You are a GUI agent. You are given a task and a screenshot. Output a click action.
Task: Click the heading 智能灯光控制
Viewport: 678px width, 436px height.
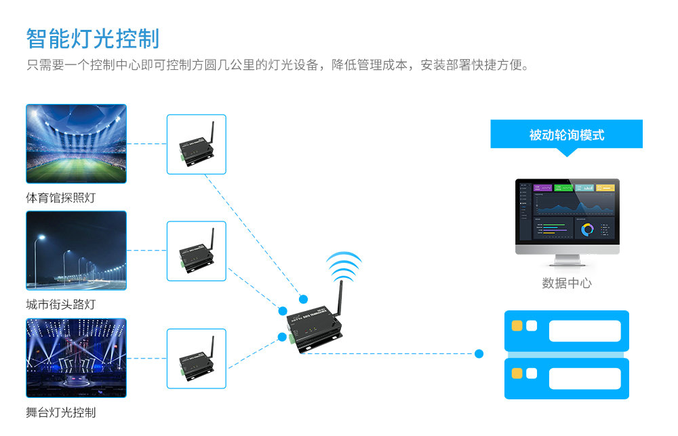(93, 39)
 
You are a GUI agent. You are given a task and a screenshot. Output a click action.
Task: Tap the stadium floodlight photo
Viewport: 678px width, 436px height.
(76, 143)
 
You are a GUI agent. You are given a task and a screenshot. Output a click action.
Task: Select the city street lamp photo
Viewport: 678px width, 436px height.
(76, 250)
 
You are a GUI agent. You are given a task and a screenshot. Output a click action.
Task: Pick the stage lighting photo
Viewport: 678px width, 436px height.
(76, 357)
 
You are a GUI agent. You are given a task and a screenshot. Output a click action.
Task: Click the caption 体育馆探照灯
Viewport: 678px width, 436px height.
(60, 198)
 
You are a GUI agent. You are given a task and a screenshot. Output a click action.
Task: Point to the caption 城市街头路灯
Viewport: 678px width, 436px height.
(60, 305)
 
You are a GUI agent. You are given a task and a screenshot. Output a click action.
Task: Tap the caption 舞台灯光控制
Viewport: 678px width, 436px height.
(60, 412)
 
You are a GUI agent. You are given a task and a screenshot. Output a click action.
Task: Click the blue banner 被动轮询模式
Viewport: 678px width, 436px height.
(566, 134)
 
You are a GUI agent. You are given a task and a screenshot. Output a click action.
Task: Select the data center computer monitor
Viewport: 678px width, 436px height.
(567, 216)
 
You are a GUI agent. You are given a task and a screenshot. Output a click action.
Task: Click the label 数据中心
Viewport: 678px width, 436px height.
(566, 283)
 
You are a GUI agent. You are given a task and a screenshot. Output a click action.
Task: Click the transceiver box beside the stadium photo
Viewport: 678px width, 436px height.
(196, 144)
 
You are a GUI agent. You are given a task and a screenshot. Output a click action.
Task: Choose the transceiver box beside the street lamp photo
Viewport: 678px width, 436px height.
(196, 251)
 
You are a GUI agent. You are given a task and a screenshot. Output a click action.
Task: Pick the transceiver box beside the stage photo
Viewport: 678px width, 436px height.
(196, 358)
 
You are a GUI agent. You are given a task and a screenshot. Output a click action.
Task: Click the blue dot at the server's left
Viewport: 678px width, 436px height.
(479, 353)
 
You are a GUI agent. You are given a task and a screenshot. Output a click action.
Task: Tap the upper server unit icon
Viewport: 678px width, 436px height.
(566, 331)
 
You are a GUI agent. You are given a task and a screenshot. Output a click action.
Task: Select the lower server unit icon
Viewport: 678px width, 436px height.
(566, 378)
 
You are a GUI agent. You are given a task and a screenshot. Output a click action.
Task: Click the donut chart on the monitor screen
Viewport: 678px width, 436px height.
(587, 230)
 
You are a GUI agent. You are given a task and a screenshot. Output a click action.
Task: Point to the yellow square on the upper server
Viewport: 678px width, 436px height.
(517, 326)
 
